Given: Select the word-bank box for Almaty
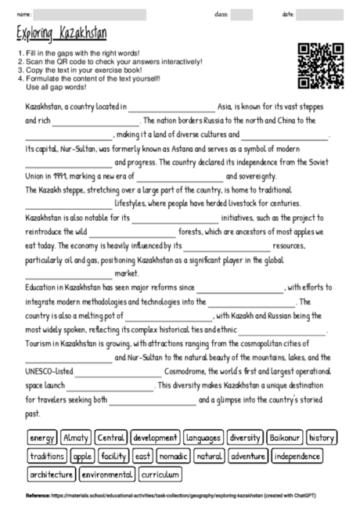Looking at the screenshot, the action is coord(76,437).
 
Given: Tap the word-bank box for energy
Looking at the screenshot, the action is coord(41,437).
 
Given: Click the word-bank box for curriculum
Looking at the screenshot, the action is coord(161,475).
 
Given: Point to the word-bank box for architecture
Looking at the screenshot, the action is coord(52,475).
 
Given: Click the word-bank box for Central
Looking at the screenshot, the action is coord(111,437).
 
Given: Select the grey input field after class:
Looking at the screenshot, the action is coord(241,14).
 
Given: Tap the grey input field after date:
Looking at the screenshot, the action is coord(320,14).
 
